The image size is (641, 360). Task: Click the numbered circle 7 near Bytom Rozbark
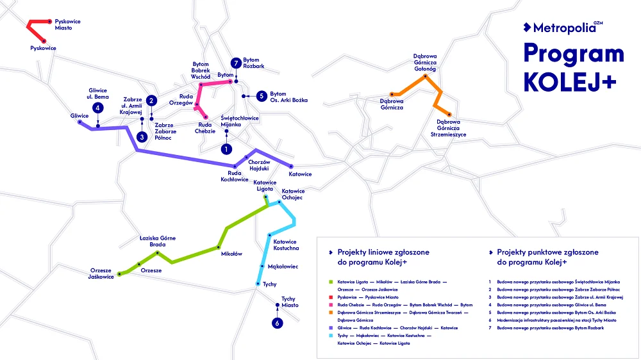click(237, 63)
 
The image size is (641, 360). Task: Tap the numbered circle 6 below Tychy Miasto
click(278, 323)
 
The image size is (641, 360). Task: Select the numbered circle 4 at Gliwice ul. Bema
click(97, 108)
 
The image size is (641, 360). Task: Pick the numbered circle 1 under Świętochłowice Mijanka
click(225, 149)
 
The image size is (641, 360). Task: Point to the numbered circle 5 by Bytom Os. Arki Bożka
click(261, 96)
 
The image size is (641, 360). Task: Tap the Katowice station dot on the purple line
click(291, 167)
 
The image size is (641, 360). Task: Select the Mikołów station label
click(231, 254)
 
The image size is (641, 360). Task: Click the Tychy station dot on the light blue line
click(257, 283)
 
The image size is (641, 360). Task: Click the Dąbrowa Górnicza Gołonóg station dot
click(424, 77)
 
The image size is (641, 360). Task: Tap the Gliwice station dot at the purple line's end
click(79, 122)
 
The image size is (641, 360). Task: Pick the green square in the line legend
click(329, 282)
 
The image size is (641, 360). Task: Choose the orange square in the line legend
click(329, 313)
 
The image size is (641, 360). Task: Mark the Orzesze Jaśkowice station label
click(101, 274)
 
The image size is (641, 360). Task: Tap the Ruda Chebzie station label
click(206, 128)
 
